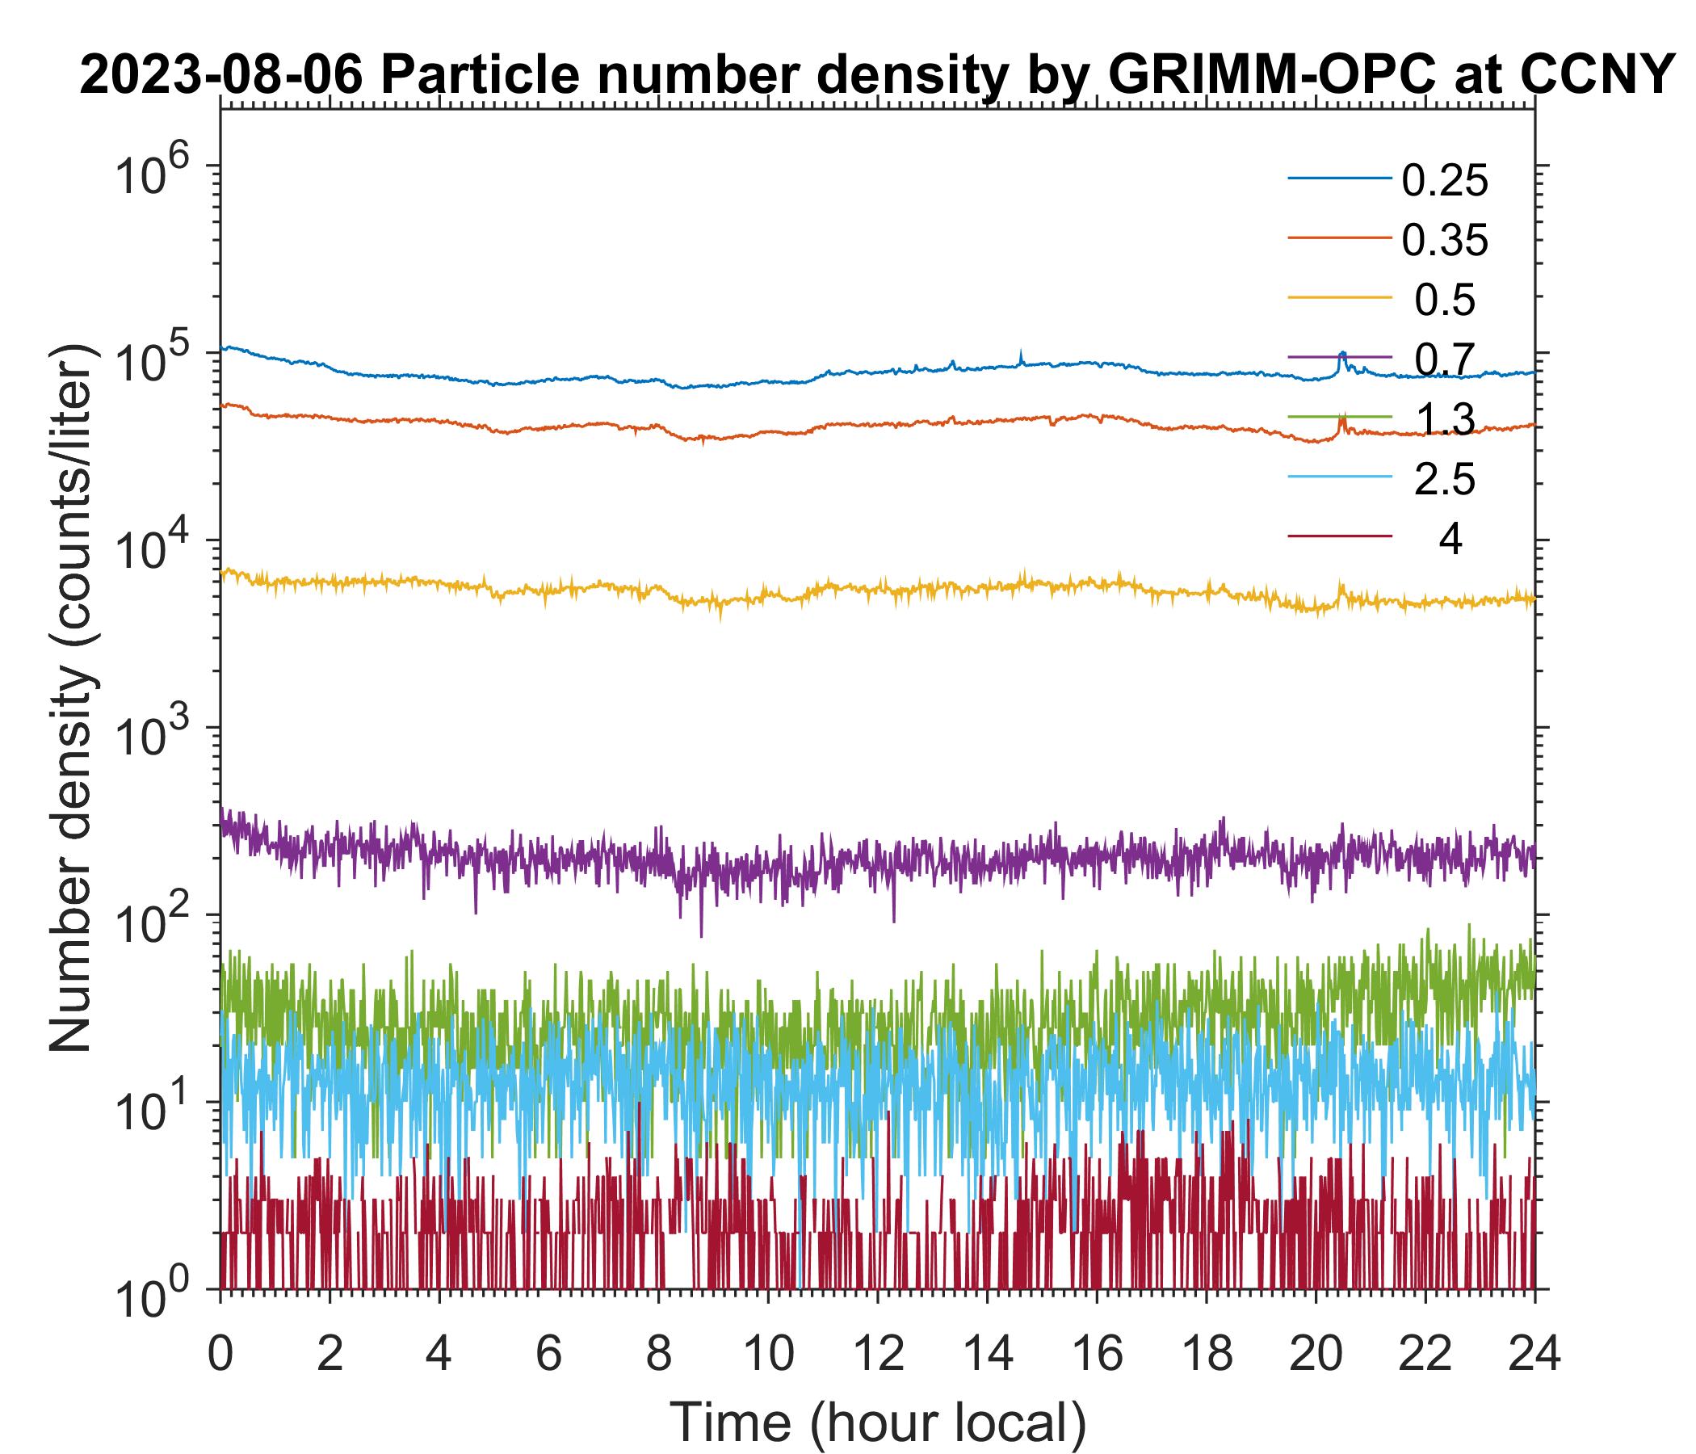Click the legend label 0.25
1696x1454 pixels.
1445,181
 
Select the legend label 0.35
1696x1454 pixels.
1445,241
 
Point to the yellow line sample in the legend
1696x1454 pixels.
1340,297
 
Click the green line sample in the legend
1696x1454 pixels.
1340,417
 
